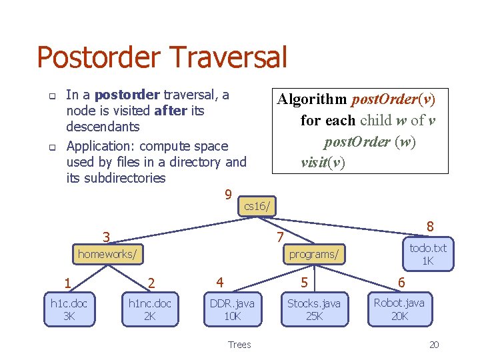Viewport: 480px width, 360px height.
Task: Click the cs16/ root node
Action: click(x=257, y=207)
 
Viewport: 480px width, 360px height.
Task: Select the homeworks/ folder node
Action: click(x=108, y=254)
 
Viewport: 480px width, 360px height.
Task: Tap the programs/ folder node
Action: click(x=313, y=254)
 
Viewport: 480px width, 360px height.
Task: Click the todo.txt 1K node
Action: click(x=428, y=254)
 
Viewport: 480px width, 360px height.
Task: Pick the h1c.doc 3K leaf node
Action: click(x=69, y=309)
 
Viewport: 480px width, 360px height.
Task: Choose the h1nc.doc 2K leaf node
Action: click(x=150, y=309)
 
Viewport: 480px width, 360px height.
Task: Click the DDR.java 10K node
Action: click(x=232, y=309)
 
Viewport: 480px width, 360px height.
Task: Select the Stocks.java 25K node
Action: click(x=314, y=309)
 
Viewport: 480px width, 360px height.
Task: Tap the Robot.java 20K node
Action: click(x=399, y=309)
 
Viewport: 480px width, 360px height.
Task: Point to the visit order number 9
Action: click(x=228, y=195)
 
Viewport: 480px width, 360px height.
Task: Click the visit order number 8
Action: click(x=431, y=227)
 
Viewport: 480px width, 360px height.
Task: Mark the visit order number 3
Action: click(x=106, y=237)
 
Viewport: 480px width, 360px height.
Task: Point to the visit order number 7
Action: click(x=281, y=238)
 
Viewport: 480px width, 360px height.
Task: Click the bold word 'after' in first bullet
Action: click(x=171, y=111)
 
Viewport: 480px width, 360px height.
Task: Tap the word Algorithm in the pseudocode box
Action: click(x=312, y=100)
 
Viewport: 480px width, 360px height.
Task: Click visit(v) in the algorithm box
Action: click(x=323, y=163)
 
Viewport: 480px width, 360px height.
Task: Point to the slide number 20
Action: click(x=434, y=345)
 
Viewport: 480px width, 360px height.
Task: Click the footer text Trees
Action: click(x=239, y=345)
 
